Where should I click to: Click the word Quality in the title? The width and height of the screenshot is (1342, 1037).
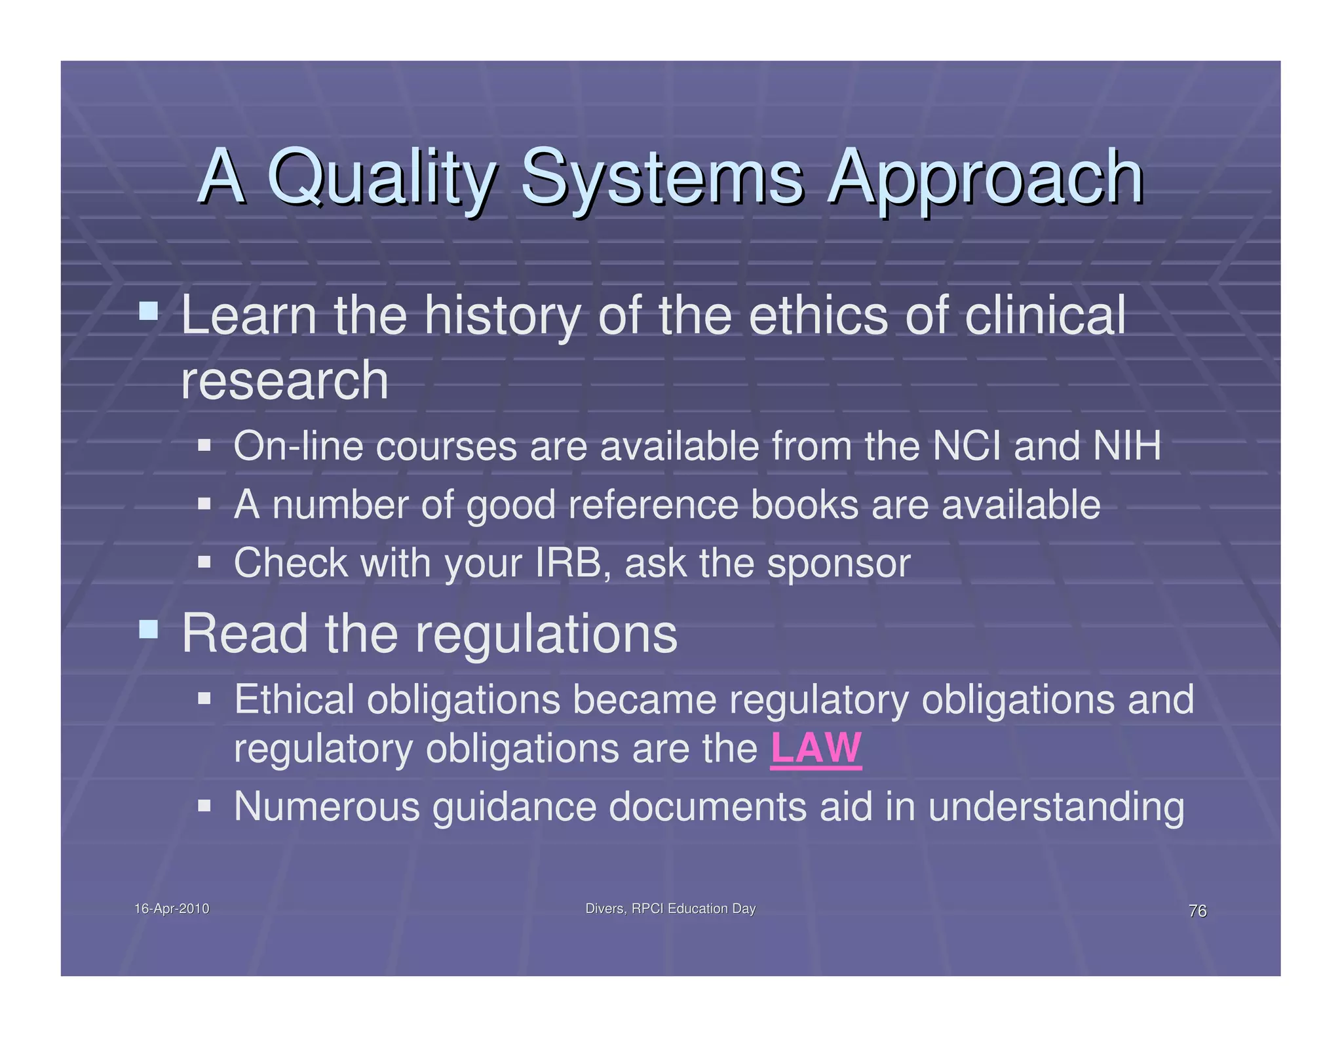tap(380, 177)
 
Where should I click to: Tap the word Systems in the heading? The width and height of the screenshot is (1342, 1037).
tap(662, 177)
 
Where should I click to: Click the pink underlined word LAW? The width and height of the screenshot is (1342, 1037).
tap(816, 748)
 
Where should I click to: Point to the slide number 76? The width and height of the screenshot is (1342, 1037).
tap(1197, 910)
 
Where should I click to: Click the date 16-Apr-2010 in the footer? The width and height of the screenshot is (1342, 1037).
tap(172, 909)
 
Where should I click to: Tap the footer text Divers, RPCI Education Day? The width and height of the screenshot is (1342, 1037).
tap(670, 909)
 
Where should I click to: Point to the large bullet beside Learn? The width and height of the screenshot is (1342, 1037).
tap(149, 310)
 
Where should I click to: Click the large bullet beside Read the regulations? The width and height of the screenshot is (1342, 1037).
tap(149, 629)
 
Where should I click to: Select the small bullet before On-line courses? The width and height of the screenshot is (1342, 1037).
tap(204, 446)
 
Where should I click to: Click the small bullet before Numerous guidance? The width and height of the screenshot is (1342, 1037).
tap(204, 804)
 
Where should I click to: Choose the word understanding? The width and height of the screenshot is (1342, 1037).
tap(1056, 807)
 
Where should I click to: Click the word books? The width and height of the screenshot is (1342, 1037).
tap(804, 505)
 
